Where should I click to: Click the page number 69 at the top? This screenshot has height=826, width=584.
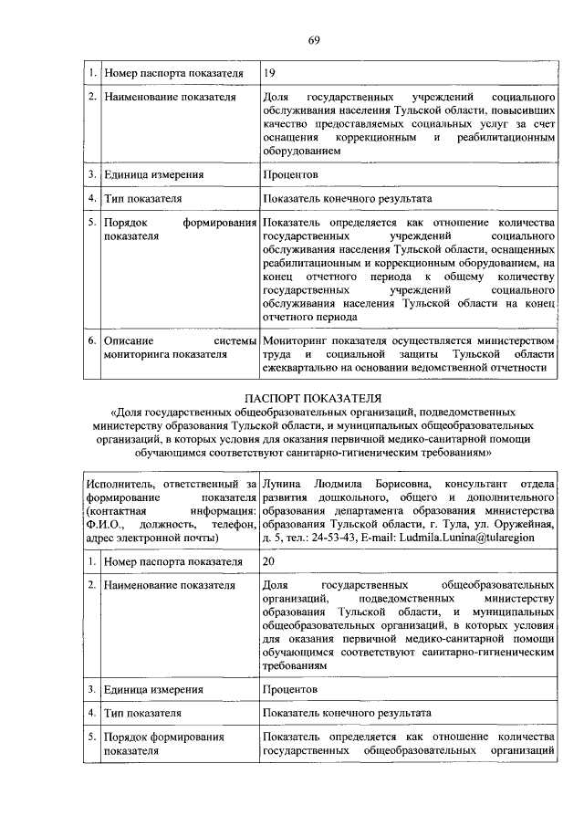(313, 39)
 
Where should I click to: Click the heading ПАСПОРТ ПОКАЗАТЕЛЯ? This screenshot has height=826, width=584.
(314, 397)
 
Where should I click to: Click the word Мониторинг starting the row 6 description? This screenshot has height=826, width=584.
(297, 340)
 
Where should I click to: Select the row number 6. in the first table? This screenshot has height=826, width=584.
(91, 340)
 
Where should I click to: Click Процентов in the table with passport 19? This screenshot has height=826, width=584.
(290, 173)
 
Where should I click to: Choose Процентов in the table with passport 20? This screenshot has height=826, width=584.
(290, 690)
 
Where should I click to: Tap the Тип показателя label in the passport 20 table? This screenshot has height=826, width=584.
(143, 713)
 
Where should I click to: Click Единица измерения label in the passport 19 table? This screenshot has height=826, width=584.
(153, 173)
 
